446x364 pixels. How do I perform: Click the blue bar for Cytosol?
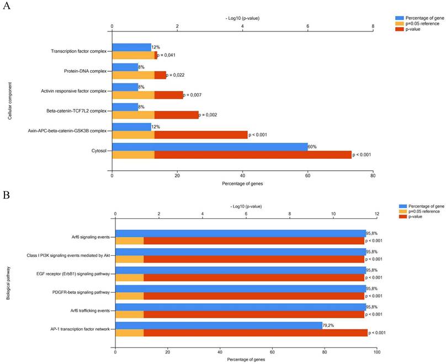210,147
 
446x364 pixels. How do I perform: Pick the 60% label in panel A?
312,147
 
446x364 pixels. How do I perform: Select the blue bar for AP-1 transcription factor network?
219,325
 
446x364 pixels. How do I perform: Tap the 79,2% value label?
330,325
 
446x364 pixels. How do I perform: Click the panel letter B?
6,195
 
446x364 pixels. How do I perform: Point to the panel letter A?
6,8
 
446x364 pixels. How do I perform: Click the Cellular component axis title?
10,101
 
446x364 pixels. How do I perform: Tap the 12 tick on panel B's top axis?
377,213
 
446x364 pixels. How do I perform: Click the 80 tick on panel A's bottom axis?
373,176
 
